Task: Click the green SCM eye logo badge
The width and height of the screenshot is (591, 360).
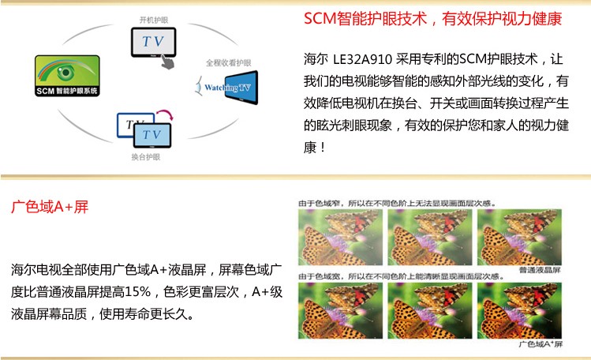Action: (x=68, y=75)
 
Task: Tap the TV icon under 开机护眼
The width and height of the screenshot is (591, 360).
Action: (x=153, y=42)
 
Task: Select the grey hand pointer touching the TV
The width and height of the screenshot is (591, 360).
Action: (x=167, y=62)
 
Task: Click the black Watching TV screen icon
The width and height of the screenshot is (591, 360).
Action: (x=241, y=88)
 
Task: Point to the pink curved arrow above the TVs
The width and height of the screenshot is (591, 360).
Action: (x=165, y=114)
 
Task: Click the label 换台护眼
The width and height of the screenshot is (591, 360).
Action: (x=146, y=157)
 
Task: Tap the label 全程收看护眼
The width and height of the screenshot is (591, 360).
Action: (x=228, y=63)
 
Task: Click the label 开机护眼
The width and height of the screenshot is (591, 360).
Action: (x=154, y=20)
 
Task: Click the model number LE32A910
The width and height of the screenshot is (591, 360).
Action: (x=363, y=59)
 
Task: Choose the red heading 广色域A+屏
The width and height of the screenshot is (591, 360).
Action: (x=50, y=207)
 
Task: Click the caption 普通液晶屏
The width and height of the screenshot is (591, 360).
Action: (x=540, y=270)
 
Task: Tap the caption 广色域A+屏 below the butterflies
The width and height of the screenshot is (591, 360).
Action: (x=541, y=343)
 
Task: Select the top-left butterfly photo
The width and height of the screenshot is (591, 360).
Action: (x=340, y=237)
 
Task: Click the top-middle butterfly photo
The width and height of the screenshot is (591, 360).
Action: (x=430, y=237)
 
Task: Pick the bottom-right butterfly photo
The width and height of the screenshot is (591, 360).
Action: (x=519, y=310)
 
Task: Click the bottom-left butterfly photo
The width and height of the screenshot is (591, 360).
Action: (x=340, y=310)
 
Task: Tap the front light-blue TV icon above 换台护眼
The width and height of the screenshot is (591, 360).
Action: (x=152, y=135)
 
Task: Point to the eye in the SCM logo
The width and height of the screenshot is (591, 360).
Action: (x=66, y=72)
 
